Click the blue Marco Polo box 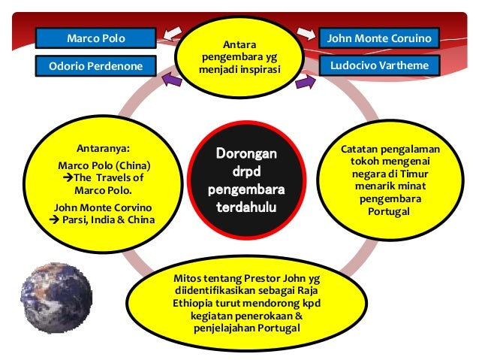(96, 38)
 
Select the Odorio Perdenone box (96, 66)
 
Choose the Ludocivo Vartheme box (379, 65)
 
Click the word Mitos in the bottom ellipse (188, 280)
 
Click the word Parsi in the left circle (75, 219)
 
